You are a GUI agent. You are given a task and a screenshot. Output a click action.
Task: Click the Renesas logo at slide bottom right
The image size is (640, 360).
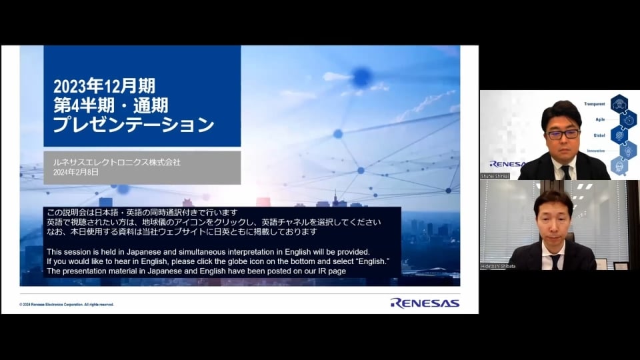tap(425, 303)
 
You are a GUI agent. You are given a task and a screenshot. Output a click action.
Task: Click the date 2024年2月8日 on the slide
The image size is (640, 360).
tap(76, 172)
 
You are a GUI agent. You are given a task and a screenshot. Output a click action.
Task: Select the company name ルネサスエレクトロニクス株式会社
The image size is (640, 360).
tap(117, 162)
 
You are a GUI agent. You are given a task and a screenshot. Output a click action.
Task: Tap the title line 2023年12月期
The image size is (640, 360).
tap(104, 86)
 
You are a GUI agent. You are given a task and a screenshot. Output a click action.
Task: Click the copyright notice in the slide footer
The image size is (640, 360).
tap(67, 304)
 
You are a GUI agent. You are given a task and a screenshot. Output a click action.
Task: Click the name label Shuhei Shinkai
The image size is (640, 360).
tap(495, 176)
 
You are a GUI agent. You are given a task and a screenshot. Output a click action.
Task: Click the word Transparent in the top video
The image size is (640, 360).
tap(594, 104)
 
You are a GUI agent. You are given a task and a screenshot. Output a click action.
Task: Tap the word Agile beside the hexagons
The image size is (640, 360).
tap(599, 119)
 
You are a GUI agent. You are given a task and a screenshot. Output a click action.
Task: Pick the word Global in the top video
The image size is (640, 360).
tap(599, 135)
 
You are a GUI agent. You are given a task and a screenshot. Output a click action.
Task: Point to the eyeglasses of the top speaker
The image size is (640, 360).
tap(562, 134)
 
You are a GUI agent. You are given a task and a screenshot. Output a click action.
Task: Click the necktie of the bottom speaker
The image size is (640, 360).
tap(555, 261)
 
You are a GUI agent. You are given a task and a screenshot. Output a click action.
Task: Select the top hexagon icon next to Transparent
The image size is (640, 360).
tap(619, 103)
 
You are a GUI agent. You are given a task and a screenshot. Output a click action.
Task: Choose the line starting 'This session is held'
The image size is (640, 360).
tap(208, 251)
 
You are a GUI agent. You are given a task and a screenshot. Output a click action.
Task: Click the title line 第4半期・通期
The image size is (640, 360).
tap(111, 105)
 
